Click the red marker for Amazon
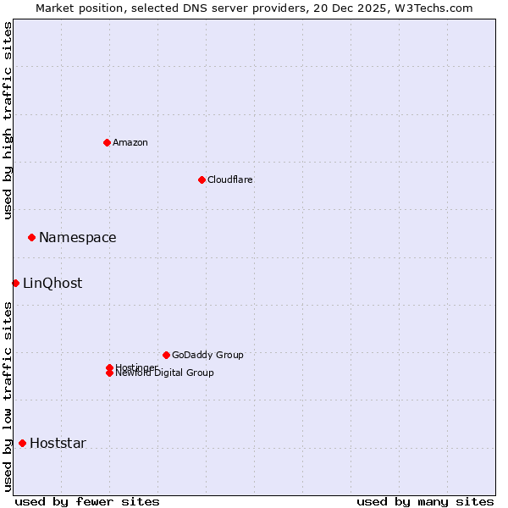point(107,142)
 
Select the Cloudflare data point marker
point(202,179)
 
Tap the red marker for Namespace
point(31,237)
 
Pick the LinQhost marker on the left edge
point(15,283)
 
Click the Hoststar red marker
point(22,443)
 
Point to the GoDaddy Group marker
point(166,355)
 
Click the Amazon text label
point(130,142)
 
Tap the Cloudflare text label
point(230,179)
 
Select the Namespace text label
point(78,238)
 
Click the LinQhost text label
point(52,284)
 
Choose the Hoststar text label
point(58,444)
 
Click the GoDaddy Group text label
point(207,355)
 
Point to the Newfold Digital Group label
point(165,373)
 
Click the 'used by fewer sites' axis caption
point(87,501)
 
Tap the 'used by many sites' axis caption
point(425,501)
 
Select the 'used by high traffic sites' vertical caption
point(8,120)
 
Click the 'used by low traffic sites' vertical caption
point(8,396)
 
